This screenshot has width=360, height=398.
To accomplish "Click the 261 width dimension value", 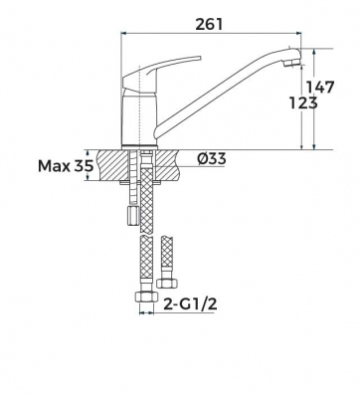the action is pos(209,24).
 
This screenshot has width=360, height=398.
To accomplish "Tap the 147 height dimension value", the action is pos(319,87).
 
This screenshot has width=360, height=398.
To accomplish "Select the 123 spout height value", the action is pos(303,102).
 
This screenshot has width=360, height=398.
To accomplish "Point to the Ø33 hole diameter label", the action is pos(212,159).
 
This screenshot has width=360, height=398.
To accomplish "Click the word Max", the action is pos(54,166).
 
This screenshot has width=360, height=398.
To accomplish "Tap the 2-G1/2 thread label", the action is pos(191,303).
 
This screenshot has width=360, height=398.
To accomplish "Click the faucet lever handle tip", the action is pos(200,58).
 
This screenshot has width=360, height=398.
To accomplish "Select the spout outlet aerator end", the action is pos(291,63).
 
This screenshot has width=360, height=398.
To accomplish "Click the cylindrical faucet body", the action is pos(139,120).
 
